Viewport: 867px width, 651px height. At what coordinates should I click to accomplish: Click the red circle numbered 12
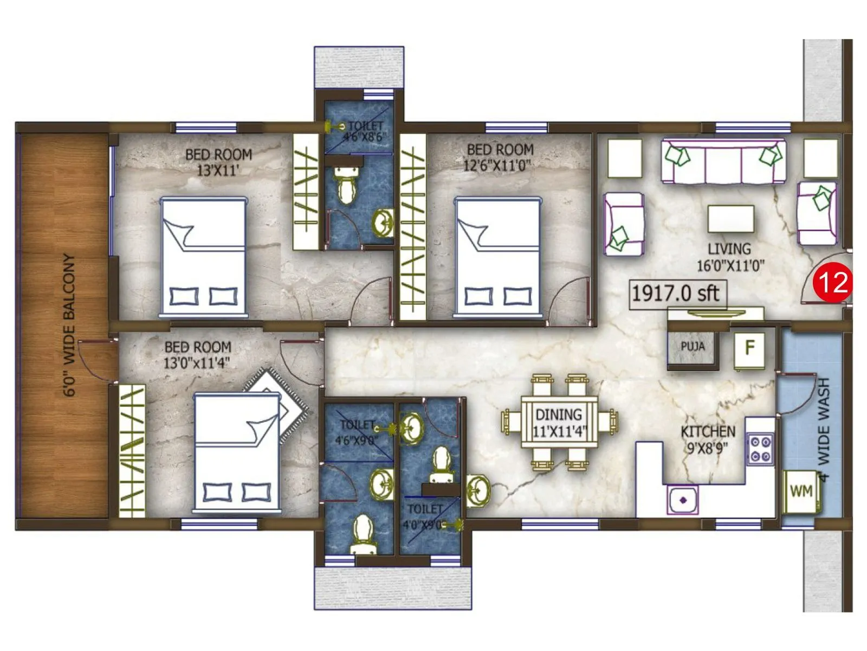834,282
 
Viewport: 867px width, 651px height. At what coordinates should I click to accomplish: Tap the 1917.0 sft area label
676,294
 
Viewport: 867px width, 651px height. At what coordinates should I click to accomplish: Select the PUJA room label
693,346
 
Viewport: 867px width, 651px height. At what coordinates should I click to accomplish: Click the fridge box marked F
749,347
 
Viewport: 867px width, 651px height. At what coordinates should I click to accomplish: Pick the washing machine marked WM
801,492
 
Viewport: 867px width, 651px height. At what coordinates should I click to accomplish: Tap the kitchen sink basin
683,500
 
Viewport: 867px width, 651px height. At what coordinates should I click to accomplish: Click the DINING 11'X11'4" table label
559,423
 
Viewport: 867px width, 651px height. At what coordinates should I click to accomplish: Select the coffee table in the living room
730,219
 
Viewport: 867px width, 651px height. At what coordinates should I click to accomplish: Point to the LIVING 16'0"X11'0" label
730,257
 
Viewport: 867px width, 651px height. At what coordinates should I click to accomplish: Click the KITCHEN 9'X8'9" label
708,439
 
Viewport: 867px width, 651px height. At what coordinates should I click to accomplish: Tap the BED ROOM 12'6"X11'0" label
500,157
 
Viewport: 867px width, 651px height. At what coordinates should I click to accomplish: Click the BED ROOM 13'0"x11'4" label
197,355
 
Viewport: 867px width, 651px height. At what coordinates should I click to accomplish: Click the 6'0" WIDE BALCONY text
69,325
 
